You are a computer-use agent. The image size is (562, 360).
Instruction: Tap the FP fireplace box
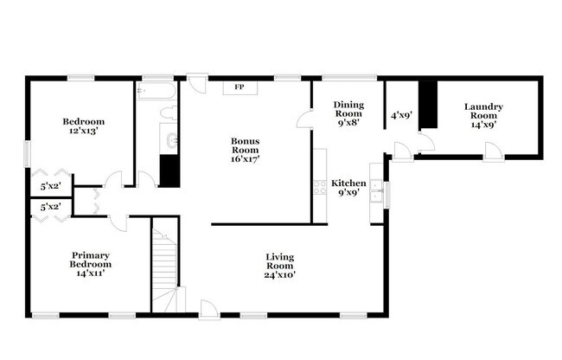[239, 87]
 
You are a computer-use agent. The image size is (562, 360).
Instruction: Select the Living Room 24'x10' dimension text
[279, 275]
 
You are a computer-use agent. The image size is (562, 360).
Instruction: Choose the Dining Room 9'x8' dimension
[348, 122]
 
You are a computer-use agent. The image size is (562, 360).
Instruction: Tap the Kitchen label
[348, 183]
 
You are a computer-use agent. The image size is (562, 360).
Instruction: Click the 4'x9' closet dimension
[400, 113]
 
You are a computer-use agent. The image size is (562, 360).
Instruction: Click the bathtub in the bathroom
[156, 90]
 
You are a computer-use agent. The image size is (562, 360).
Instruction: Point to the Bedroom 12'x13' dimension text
[83, 132]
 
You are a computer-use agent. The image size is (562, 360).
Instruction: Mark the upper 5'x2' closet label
[51, 185]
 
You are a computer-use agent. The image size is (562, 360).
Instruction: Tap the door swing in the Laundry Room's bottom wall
[492, 152]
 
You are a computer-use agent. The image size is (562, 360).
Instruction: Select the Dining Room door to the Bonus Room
[305, 120]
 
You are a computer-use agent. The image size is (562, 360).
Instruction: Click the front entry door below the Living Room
[208, 308]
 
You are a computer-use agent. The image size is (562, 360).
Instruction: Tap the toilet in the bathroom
[169, 114]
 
